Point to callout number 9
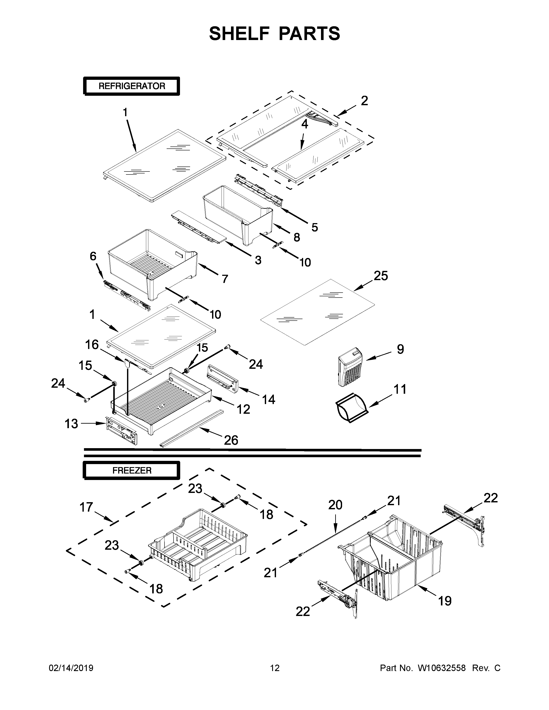(400, 349)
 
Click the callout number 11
(400, 389)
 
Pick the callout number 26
(231, 440)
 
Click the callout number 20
(335, 505)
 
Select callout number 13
(71, 424)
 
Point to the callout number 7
(225, 279)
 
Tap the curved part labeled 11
(351, 411)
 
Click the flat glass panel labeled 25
(317, 312)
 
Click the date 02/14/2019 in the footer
(71, 668)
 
